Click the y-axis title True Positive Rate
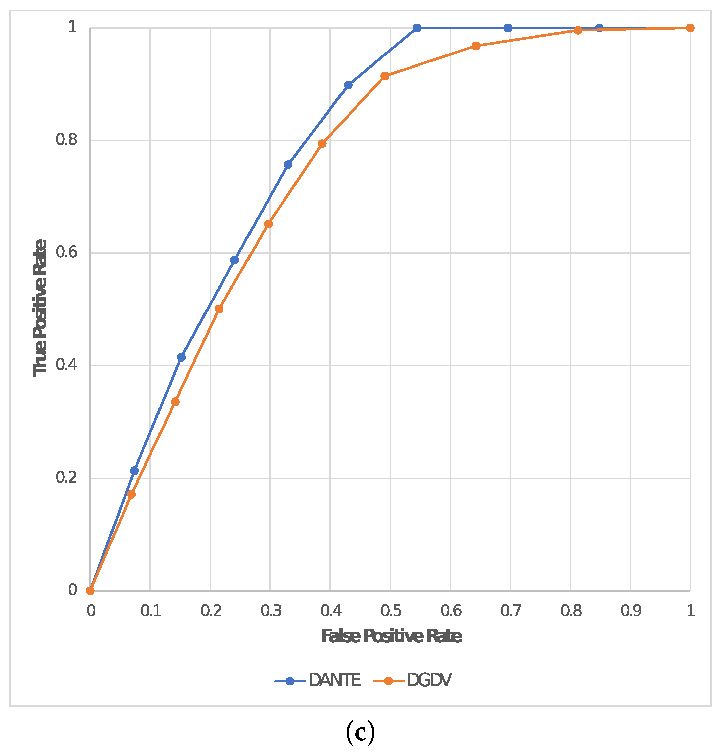click(x=40, y=308)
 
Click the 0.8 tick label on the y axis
click(x=66, y=140)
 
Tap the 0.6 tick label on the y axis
click(x=66, y=253)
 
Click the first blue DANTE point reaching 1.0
click(x=417, y=28)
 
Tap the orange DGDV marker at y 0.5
click(x=219, y=309)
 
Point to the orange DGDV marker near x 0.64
click(x=475, y=46)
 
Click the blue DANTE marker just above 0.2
click(x=134, y=471)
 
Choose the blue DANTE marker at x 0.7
click(x=508, y=28)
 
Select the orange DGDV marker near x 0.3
click(x=269, y=224)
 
